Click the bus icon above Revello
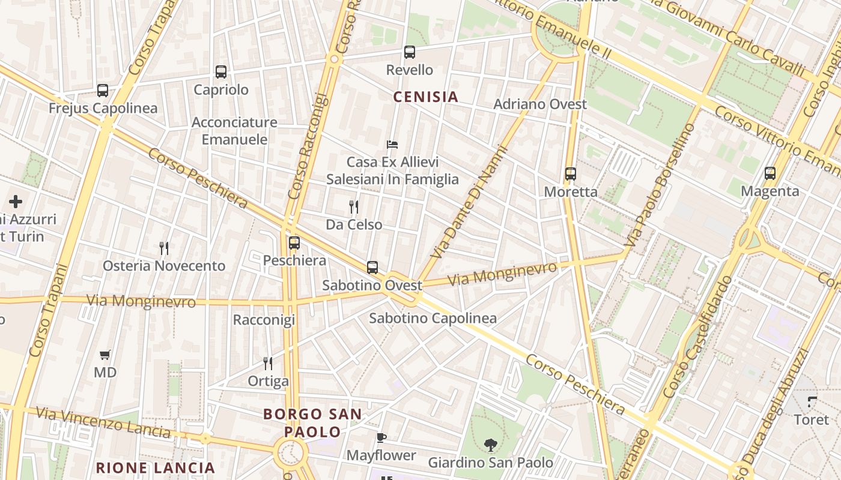(x=410, y=52)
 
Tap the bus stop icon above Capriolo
(x=221, y=72)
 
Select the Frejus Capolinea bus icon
(x=103, y=91)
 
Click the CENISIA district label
(x=425, y=97)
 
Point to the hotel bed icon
(x=392, y=145)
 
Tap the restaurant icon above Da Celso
(x=354, y=207)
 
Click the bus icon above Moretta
(x=571, y=174)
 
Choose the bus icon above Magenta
(x=770, y=173)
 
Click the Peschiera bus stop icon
(x=294, y=243)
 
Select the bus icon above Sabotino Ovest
(x=372, y=268)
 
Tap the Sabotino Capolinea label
(x=433, y=318)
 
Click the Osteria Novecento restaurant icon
(x=164, y=248)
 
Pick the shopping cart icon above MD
(x=105, y=355)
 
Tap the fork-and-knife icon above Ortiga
(x=268, y=363)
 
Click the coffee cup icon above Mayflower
(x=381, y=437)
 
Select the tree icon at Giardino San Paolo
(x=490, y=445)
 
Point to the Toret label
(x=811, y=419)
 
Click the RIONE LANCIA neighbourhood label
(x=156, y=468)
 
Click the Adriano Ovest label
(x=540, y=104)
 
